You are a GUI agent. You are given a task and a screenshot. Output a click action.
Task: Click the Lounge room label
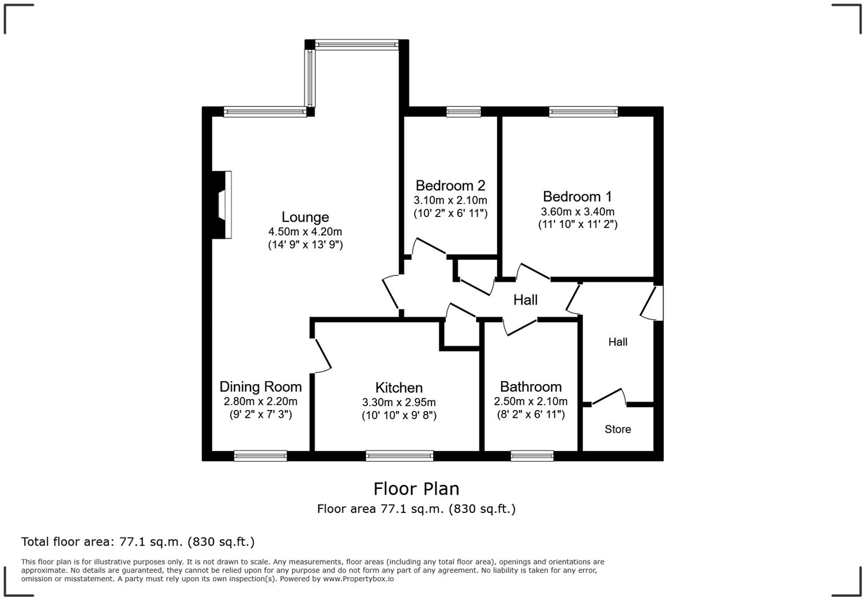[x=305, y=217]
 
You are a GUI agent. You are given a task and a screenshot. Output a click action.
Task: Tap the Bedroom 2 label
[x=450, y=185]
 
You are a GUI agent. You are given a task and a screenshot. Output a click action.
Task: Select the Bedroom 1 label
[x=577, y=196]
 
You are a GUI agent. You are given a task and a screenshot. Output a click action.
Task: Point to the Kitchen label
[x=399, y=388]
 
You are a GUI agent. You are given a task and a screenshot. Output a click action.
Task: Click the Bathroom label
[x=530, y=386]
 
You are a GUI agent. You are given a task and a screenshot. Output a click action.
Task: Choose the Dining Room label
[x=260, y=386]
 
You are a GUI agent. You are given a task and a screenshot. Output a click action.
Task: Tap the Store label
[x=618, y=429]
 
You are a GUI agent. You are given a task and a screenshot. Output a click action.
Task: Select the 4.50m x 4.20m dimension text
[x=305, y=232]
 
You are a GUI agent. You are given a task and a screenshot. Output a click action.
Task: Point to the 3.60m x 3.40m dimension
[x=577, y=211]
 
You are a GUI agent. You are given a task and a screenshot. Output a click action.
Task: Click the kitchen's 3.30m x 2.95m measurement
[x=399, y=402]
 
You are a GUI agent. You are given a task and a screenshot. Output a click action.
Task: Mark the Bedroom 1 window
[x=583, y=112]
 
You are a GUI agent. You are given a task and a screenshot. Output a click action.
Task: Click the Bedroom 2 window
[x=463, y=112]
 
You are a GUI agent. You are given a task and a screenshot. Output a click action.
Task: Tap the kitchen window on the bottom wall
[x=399, y=456]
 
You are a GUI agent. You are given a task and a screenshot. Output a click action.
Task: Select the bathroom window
[x=531, y=456]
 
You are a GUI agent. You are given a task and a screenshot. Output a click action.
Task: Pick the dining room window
[x=260, y=456]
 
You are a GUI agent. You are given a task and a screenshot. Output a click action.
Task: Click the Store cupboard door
[x=610, y=397]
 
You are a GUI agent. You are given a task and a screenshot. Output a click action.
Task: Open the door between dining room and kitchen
[x=322, y=356]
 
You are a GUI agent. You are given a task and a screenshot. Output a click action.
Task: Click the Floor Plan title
[x=416, y=489]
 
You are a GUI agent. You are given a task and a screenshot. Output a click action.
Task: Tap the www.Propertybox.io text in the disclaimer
[x=358, y=579]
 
